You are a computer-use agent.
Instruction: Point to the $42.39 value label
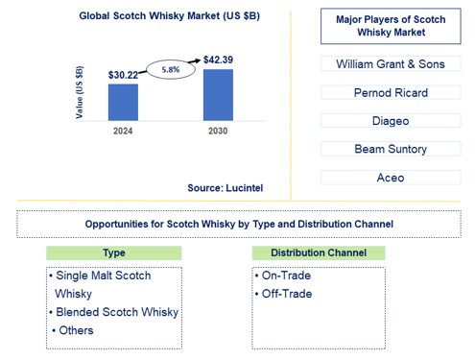click(x=218, y=60)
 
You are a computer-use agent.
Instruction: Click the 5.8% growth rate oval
click(x=169, y=70)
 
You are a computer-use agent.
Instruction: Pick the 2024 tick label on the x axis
click(x=122, y=131)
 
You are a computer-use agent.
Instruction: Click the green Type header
click(x=113, y=252)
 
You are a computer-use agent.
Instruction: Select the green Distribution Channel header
click(x=319, y=252)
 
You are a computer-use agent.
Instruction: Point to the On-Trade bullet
click(x=283, y=276)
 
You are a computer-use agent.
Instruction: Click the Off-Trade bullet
click(x=284, y=294)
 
